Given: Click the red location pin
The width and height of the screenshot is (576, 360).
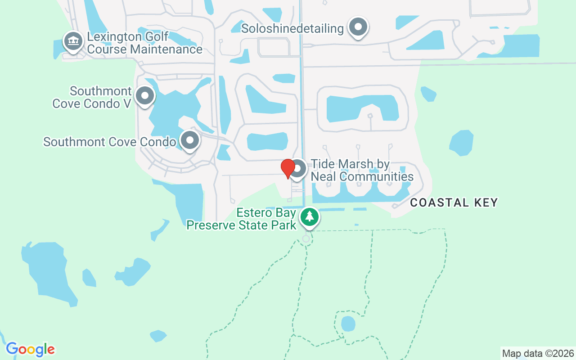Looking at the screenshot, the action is pyautogui.click(x=288, y=169).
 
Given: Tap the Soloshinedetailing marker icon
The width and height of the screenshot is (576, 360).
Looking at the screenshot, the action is pyautogui.click(x=358, y=27).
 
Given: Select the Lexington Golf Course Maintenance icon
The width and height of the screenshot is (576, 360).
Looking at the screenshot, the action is pyautogui.click(x=72, y=41).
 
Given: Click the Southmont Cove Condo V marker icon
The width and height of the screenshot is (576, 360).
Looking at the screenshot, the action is pyautogui.click(x=145, y=95).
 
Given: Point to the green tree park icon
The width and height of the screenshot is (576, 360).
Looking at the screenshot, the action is pyautogui.click(x=309, y=217).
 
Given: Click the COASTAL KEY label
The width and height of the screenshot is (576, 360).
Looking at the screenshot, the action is pyautogui.click(x=454, y=202).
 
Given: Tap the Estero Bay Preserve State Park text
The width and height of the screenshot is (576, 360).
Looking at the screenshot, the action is pyautogui.click(x=241, y=219).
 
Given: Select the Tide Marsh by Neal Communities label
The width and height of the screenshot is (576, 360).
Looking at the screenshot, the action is pyautogui.click(x=362, y=170).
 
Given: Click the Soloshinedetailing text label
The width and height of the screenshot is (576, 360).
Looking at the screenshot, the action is pyautogui.click(x=292, y=28).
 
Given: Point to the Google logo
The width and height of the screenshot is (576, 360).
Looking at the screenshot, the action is pyautogui.click(x=30, y=349).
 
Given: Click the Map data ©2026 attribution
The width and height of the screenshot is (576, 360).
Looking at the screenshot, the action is pyautogui.click(x=538, y=354).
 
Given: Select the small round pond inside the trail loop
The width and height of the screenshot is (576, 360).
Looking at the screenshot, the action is pyautogui.click(x=348, y=324).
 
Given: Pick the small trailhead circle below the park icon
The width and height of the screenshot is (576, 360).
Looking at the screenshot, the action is pyautogui.click(x=306, y=238).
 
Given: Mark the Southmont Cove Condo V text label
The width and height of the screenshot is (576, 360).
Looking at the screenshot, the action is pyautogui.click(x=92, y=97).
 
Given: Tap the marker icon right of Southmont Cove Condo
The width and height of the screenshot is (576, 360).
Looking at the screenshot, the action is pyautogui.click(x=190, y=140).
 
